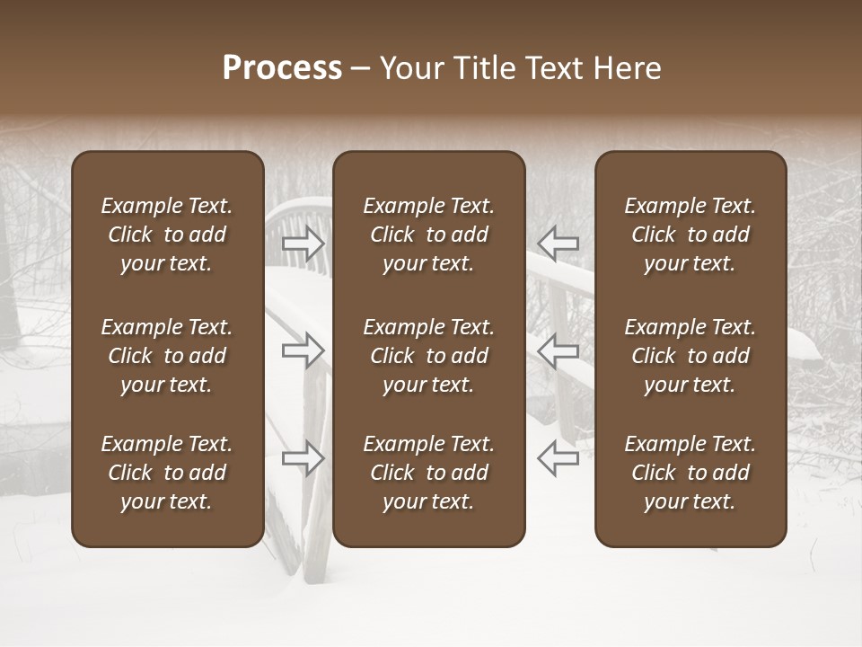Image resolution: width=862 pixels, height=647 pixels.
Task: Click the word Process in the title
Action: point(282,68)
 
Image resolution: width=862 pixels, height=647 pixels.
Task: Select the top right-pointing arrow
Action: point(303,243)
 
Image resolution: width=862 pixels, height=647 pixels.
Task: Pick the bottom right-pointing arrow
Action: point(303,457)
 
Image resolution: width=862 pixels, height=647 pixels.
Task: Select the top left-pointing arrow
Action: point(558,243)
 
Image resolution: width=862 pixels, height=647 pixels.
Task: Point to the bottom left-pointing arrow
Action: point(558,457)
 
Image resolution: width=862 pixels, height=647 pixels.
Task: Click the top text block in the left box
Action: point(167,235)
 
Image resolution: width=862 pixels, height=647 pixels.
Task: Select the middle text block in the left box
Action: point(167,356)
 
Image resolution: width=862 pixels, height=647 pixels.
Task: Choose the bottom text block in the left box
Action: point(167,473)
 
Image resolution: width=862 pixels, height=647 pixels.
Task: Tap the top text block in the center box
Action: point(429,235)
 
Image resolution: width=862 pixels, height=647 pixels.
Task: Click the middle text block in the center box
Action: point(429,356)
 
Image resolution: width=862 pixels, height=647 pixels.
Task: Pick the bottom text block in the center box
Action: point(429,473)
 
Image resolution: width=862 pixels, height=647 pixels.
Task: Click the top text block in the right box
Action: point(690,235)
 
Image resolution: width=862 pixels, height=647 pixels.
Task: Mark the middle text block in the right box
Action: point(690,356)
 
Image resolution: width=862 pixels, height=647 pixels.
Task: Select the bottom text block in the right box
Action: point(690,473)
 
